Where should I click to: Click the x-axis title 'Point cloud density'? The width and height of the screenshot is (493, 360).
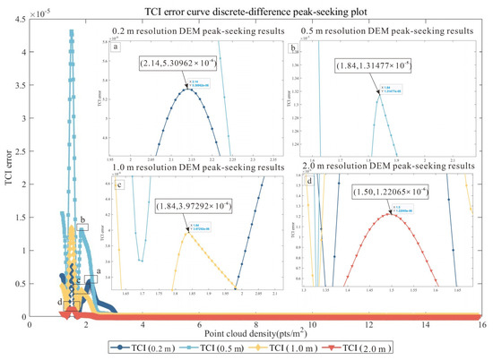coord(255,333)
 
